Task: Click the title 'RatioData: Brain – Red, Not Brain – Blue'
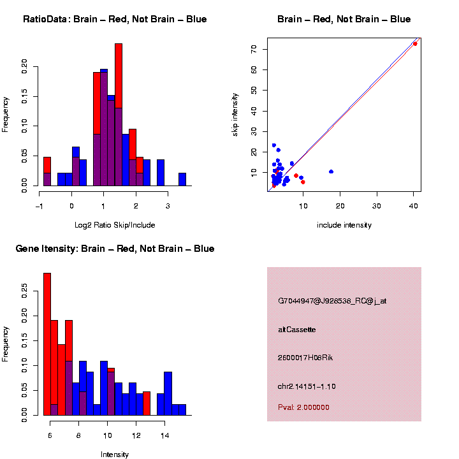pyautogui.click(x=115, y=19)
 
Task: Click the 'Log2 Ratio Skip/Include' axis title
pyautogui.click(x=115, y=224)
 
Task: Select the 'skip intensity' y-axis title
pyautogui.click(x=235, y=114)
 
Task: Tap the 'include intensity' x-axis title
pyautogui.click(x=344, y=224)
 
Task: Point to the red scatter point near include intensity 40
pyautogui.click(x=415, y=43)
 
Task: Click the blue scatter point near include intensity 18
pyautogui.click(x=331, y=171)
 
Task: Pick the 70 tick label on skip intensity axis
pyautogui.click(x=254, y=48)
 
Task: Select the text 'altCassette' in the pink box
pyautogui.click(x=297, y=330)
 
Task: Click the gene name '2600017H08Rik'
pyautogui.click(x=305, y=358)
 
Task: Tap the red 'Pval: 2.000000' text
pyautogui.click(x=303, y=407)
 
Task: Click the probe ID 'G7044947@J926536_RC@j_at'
pyautogui.click(x=332, y=301)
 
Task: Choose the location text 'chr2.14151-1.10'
pyautogui.click(x=307, y=386)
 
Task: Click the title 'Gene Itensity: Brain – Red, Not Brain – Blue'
pyautogui.click(x=115, y=249)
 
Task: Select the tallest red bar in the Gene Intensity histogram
pyautogui.click(x=47, y=344)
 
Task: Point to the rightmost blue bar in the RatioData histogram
pyautogui.click(x=182, y=179)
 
